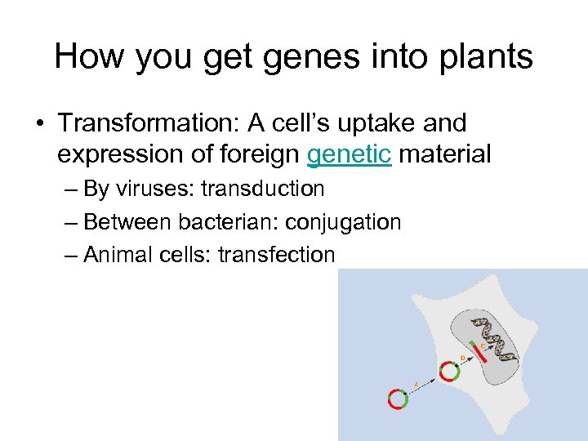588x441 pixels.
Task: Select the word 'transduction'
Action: [x=262, y=189]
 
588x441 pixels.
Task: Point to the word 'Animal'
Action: [x=118, y=255]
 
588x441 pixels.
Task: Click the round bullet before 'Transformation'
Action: [x=39, y=124]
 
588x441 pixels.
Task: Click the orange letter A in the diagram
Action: [x=416, y=383]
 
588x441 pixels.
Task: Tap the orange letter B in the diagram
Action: [x=463, y=358]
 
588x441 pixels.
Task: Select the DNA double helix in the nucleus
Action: [x=498, y=339]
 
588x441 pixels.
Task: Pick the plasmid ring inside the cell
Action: [x=448, y=372]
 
